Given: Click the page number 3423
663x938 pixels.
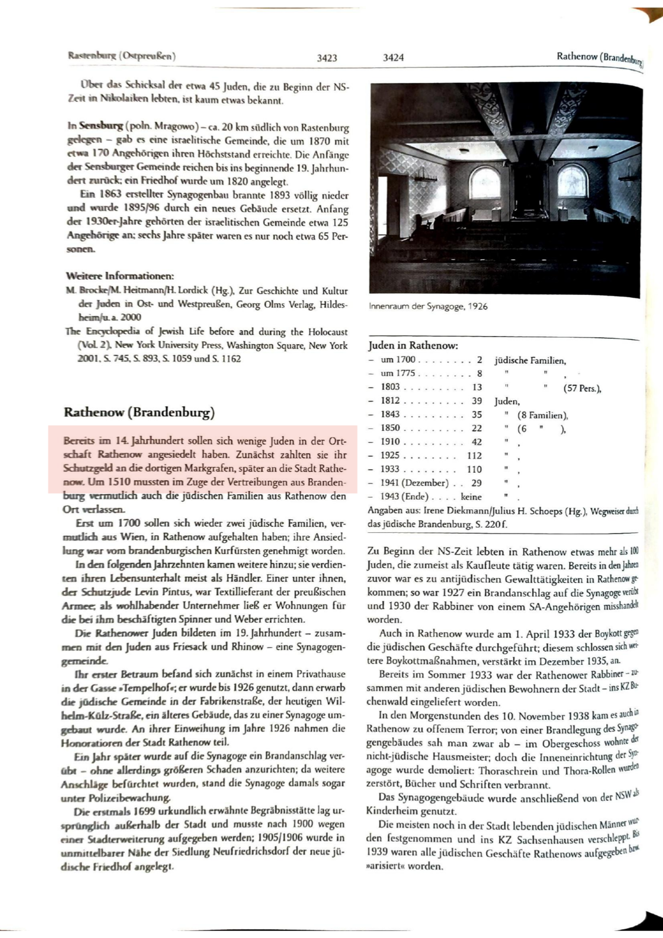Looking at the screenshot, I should pos(327,57).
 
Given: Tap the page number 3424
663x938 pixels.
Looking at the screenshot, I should pos(393,57).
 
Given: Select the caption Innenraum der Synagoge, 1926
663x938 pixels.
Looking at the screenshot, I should pos(428,306).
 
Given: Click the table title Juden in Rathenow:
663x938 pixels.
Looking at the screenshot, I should pos(413,345).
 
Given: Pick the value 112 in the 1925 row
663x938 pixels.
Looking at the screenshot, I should pos(474,456).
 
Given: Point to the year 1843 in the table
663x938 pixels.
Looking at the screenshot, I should pos(390,414).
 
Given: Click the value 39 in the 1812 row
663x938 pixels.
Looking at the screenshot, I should pos(477,401).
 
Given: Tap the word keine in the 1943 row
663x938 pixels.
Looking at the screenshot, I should pos(471,497).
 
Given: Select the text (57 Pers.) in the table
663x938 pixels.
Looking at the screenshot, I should pos(582,388).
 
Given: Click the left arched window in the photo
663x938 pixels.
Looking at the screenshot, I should pos(485,183).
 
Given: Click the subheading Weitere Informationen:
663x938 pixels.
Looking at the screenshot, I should pos(120,276).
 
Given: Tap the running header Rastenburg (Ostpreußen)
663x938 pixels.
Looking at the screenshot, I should pos(123,56).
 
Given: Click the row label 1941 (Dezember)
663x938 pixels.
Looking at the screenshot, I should pos(414,483).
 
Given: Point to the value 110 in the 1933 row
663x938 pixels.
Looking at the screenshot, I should pos(474,469).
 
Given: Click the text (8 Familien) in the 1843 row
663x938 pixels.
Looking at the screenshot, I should pos(542,415).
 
